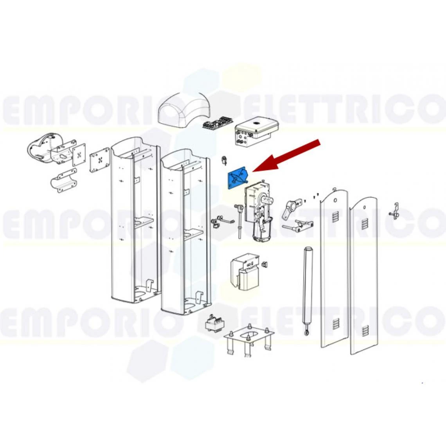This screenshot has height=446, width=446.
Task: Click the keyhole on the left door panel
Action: click(335, 201)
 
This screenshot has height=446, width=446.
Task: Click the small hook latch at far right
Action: click(394, 211)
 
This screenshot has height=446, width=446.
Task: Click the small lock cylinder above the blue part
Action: click(225, 160)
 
